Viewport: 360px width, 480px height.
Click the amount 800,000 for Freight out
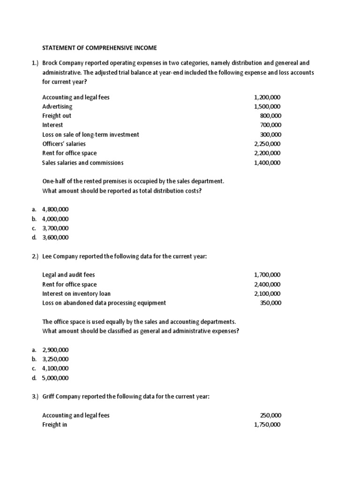pos(270,116)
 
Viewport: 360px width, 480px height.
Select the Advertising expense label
pos(57,106)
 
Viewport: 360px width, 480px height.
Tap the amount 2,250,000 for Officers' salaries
pos(267,144)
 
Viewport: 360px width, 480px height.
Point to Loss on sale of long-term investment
pos(90,135)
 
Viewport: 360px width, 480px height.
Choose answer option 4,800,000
pos(55,210)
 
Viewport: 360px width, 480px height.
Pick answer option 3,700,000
pos(55,228)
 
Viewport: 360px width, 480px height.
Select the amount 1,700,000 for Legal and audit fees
pos(267,275)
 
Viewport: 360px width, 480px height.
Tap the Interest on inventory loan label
pos(76,293)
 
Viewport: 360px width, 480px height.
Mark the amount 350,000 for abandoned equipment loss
pos(270,303)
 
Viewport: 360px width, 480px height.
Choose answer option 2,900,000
pos(55,350)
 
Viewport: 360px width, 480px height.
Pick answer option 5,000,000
pos(55,378)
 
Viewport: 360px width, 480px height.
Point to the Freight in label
pos(54,425)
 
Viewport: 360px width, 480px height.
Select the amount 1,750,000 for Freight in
pos(267,425)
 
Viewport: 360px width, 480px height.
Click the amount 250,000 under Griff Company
pos(270,415)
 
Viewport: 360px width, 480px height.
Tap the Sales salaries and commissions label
pos(83,163)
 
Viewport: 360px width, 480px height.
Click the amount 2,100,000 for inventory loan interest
pos(267,293)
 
